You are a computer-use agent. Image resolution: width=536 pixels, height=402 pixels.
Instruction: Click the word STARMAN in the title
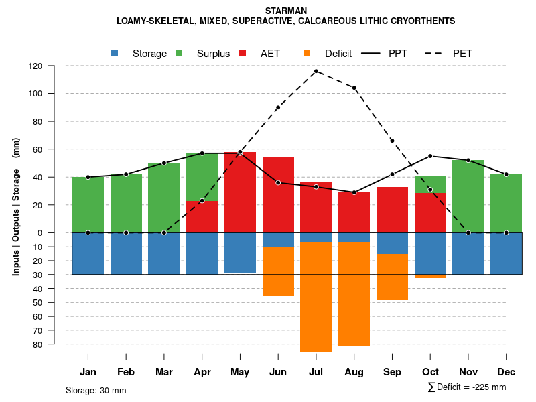click(x=286, y=11)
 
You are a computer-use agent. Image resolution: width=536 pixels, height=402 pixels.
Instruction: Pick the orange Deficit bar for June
click(x=278, y=271)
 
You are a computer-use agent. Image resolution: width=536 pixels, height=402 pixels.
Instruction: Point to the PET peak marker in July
click(x=316, y=71)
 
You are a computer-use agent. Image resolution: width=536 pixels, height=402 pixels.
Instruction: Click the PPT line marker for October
click(x=430, y=156)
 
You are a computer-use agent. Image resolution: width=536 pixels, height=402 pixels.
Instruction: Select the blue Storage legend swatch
click(x=115, y=53)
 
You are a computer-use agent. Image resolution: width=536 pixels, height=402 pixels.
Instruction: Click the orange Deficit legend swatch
click(x=307, y=53)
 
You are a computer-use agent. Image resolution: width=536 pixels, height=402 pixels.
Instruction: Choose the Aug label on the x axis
click(x=354, y=372)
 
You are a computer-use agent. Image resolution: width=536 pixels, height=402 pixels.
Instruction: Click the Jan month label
click(x=88, y=372)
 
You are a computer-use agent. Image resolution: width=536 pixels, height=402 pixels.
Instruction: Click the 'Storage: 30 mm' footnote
click(x=96, y=390)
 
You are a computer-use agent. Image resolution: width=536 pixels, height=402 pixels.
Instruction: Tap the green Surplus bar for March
click(x=164, y=198)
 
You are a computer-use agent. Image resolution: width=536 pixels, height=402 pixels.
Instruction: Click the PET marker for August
click(x=354, y=88)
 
